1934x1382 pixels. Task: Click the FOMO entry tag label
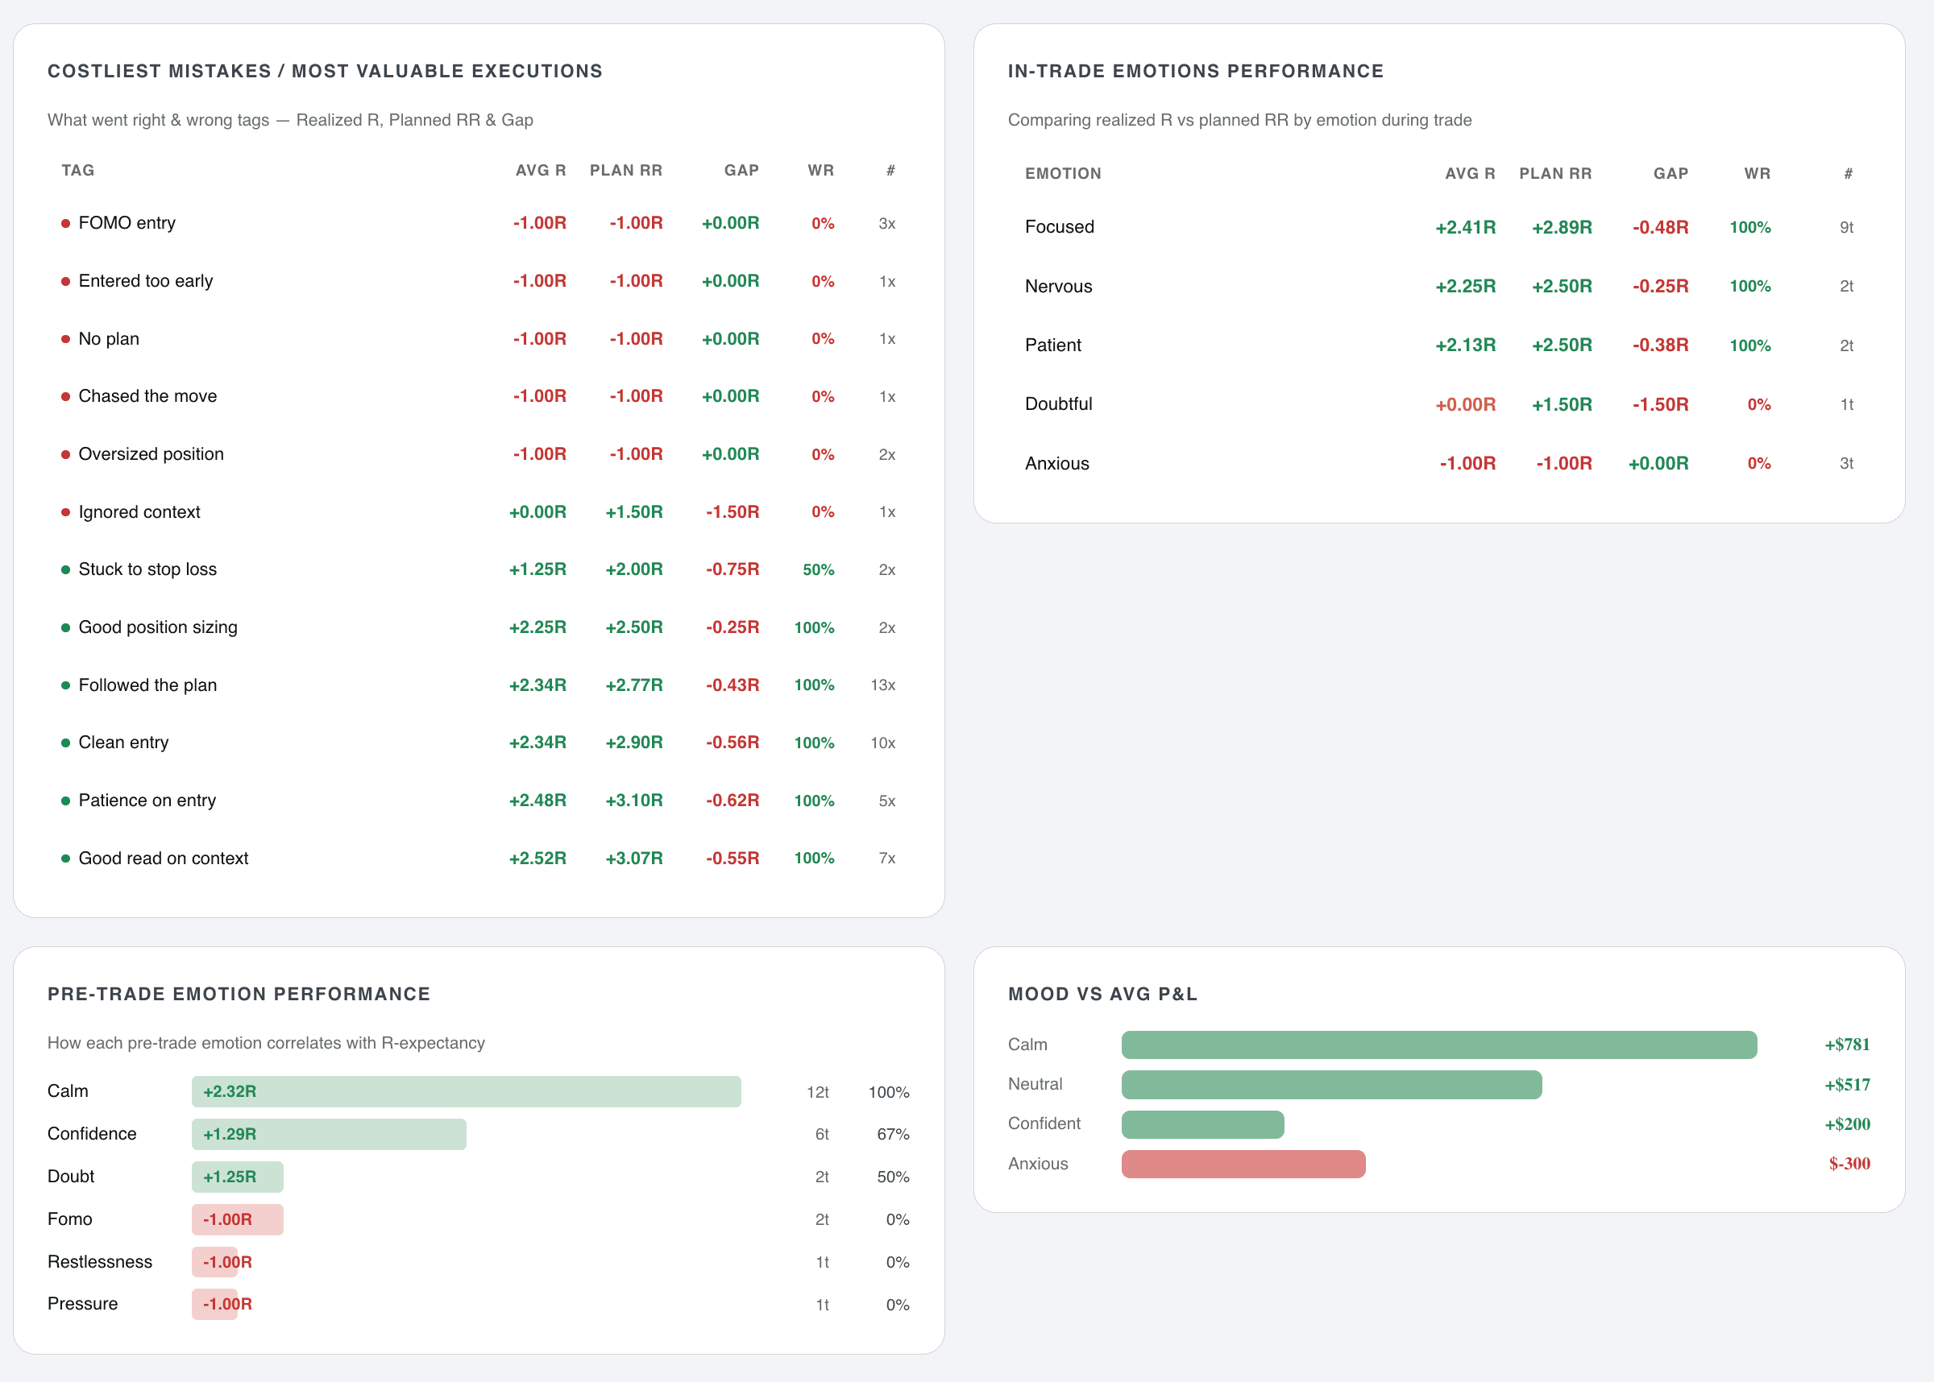(127, 223)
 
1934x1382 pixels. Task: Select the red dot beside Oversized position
(65, 454)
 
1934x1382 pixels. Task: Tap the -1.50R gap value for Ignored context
(732, 512)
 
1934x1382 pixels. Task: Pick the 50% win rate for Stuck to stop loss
(817, 570)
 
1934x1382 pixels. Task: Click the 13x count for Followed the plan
(882, 685)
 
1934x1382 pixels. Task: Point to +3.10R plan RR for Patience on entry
(633, 801)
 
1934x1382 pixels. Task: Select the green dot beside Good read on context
(65, 859)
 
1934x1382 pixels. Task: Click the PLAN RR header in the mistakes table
(625, 170)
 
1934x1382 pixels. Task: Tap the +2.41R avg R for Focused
(1465, 227)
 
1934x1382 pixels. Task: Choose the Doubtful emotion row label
(1058, 404)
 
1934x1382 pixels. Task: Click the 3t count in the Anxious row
(1845, 464)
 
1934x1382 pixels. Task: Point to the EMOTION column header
(1062, 174)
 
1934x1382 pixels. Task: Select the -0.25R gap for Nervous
(1660, 286)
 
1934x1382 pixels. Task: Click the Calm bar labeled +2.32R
(466, 1092)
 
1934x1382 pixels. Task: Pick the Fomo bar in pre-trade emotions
(237, 1219)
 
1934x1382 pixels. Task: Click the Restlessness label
(100, 1262)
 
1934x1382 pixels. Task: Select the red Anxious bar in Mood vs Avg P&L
(1243, 1164)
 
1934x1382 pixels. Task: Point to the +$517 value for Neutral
(1846, 1085)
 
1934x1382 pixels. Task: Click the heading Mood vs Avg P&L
(1102, 994)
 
